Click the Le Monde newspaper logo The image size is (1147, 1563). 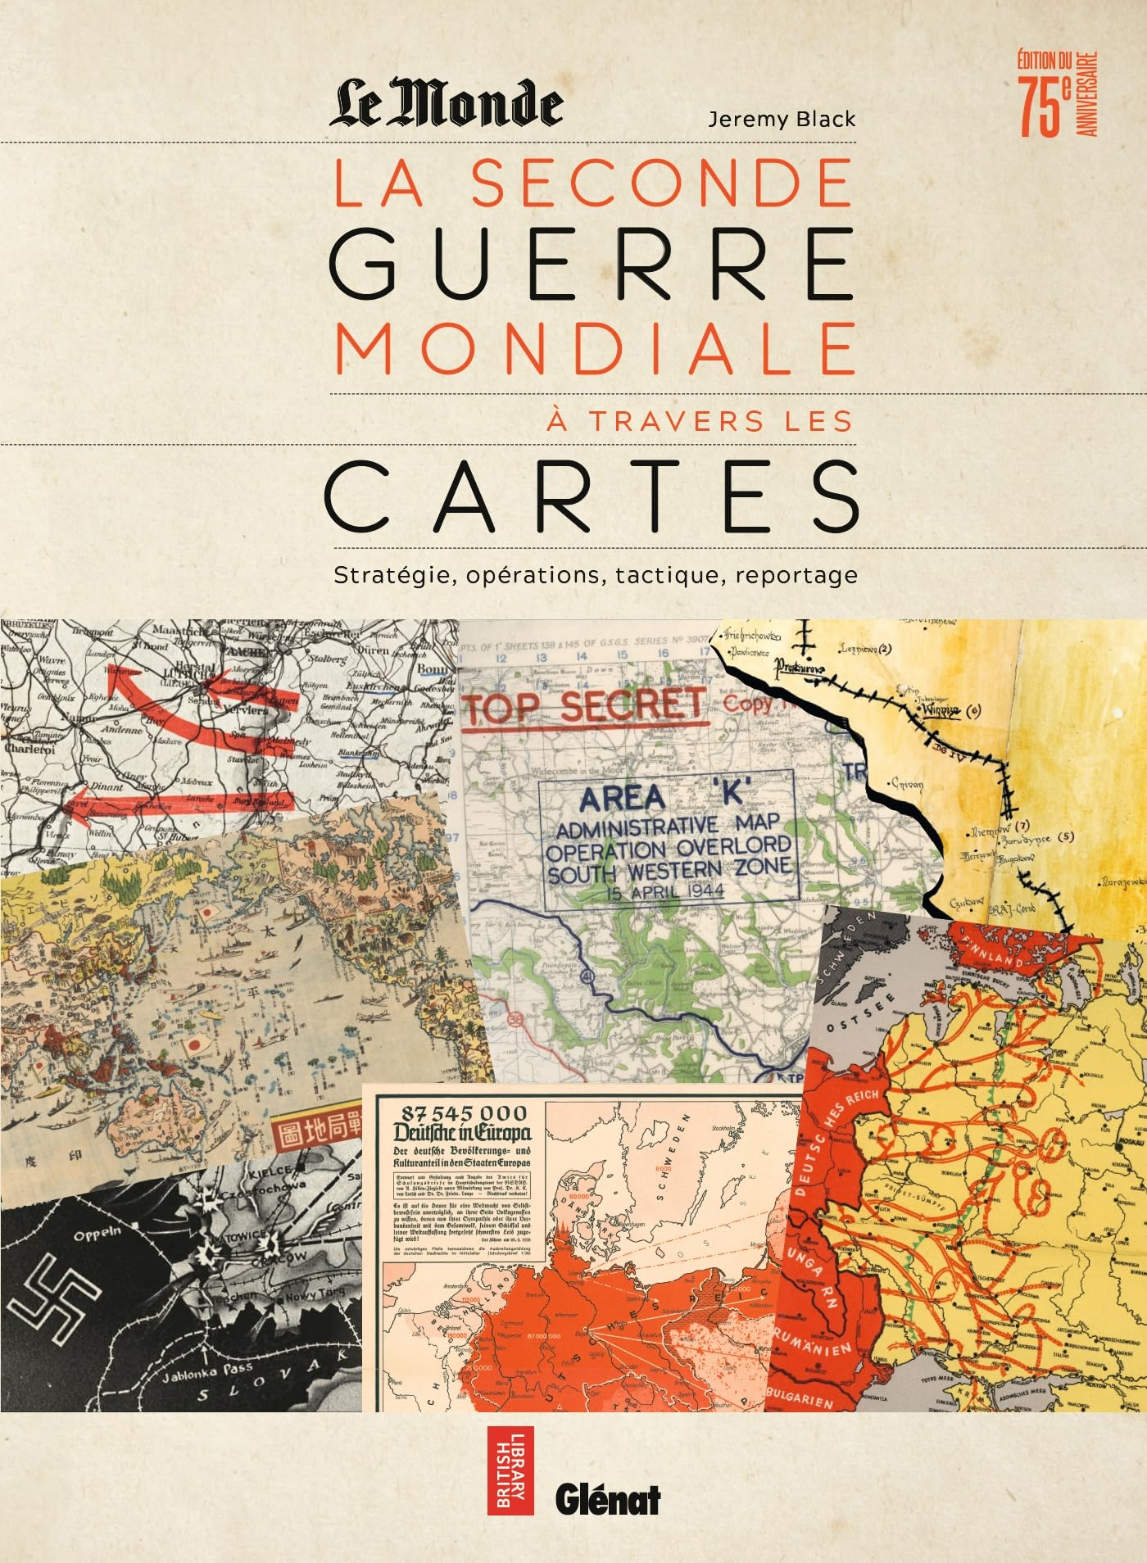pyautogui.click(x=446, y=102)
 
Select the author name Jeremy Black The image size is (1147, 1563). pyautogui.click(x=781, y=120)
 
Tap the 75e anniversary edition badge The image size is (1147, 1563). pyautogui.click(x=1056, y=95)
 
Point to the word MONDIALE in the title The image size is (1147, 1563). pyautogui.click(x=595, y=347)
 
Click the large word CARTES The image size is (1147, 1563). pyautogui.click(x=592, y=496)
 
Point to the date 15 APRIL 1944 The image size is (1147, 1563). pyautogui.click(x=664, y=892)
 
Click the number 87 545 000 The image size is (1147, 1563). pyautogui.click(x=461, y=1112)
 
